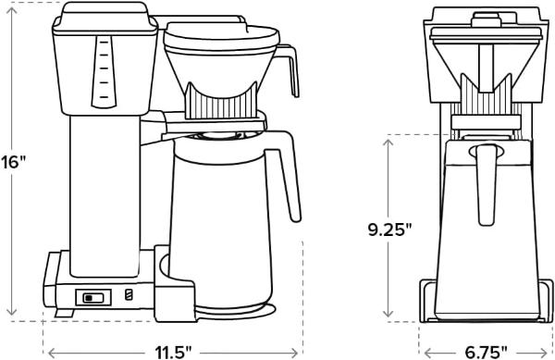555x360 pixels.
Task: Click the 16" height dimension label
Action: [13, 160]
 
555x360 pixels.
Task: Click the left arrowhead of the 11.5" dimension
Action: [49, 351]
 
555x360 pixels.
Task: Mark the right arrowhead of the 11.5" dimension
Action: [301, 351]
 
